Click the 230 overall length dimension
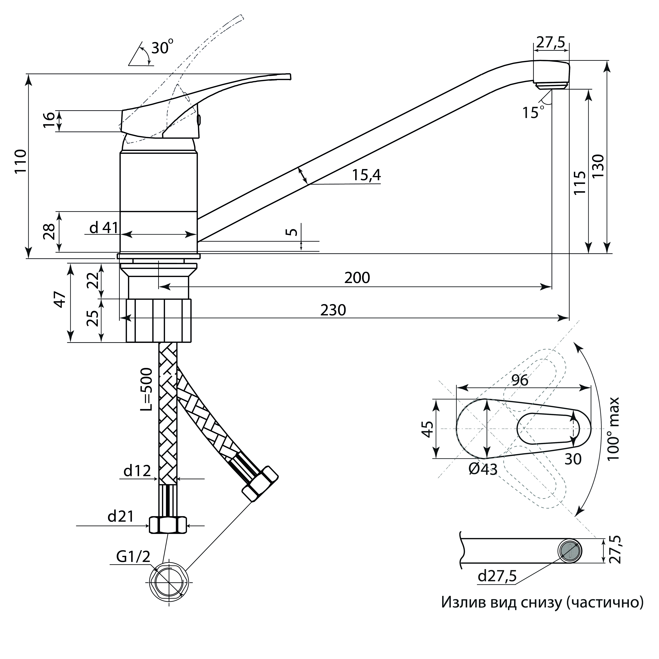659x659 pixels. click(333, 310)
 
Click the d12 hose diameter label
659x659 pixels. click(137, 471)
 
